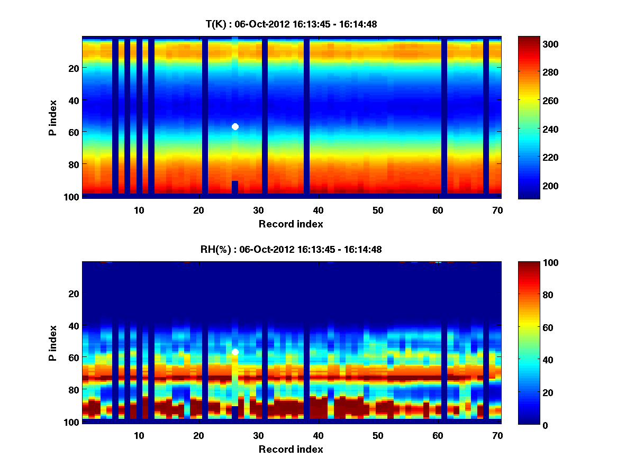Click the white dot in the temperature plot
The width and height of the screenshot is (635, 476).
tap(235, 126)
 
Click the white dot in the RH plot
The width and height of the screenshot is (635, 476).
tap(235, 352)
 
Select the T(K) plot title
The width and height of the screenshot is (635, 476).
tap(291, 24)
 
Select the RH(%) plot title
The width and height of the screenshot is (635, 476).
tap(291, 249)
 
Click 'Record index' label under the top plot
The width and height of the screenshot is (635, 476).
tap(291, 224)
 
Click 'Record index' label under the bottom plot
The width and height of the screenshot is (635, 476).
tap(291, 450)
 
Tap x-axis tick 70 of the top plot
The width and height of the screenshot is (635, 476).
tap(497, 210)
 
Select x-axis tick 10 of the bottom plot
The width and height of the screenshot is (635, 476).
tap(139, 435)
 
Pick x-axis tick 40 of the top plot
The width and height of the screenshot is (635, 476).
tap(318, 210)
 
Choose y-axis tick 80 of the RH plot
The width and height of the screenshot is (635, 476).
tap(73, 390)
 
